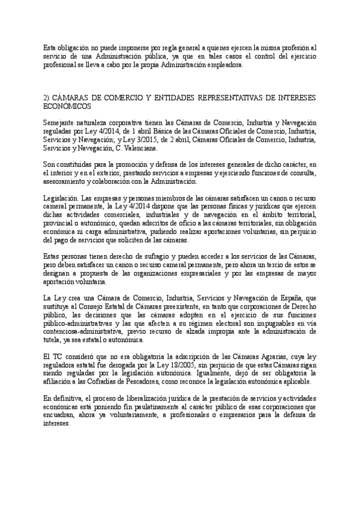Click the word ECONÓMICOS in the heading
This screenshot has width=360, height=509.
68,105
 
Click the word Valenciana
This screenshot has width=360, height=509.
140,148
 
